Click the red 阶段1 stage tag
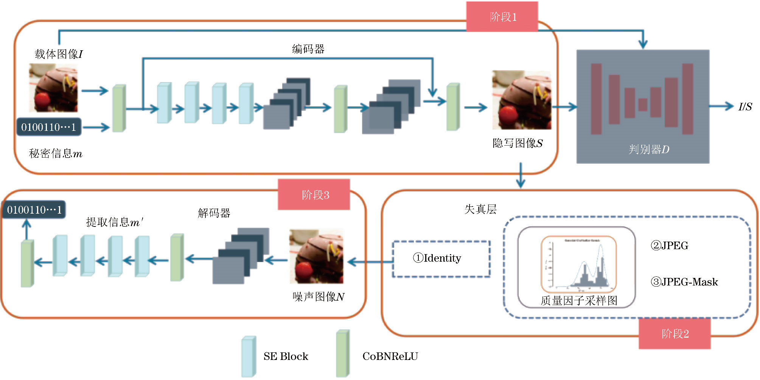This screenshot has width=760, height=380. (502, 17)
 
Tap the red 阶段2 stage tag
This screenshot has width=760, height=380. (675, 333)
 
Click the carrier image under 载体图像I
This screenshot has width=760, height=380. (53, 88)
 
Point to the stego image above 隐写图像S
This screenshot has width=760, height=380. (521, 100)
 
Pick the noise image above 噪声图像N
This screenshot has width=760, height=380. (316, 256)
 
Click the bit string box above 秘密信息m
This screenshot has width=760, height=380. (48, 127)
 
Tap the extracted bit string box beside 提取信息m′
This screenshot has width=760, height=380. (34, 210)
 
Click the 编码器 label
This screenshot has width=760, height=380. (308, 49)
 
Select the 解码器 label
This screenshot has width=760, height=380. (214, 213)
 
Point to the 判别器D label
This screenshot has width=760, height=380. (649, 149)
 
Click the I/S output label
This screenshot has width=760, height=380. (745, 107)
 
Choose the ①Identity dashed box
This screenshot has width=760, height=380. (441, 259)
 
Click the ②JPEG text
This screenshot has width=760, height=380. (669, 246)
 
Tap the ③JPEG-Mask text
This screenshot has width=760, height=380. (684, 282)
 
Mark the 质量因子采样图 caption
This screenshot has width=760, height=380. (578, 301)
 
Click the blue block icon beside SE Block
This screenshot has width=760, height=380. (249, 356)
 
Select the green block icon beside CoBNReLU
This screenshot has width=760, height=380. (343, 354)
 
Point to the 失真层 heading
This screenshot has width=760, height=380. (480, 209)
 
